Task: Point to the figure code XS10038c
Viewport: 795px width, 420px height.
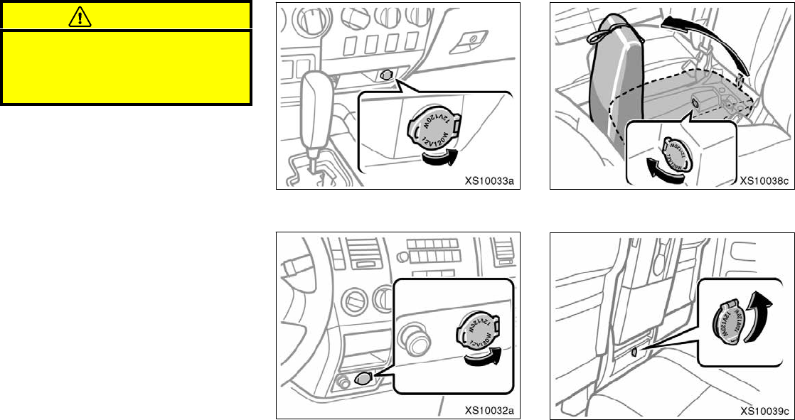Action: tap(764, 181)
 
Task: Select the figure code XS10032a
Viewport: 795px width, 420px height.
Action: tap(489, 410)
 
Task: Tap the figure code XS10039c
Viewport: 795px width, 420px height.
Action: tap(764, 410)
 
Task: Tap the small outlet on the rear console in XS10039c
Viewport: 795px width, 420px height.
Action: tap(634, 351)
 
